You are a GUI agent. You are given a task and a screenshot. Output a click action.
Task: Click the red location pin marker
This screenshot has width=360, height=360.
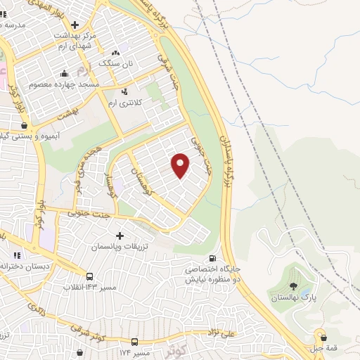(x=181, y=165)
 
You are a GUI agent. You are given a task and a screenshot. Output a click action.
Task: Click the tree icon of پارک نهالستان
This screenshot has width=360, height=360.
(x=293, y=287)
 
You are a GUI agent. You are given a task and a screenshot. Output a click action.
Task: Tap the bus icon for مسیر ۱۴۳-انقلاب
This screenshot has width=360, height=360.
(x=90, y=276)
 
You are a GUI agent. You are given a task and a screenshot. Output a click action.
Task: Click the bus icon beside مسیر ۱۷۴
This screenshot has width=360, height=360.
(x=134, y=342)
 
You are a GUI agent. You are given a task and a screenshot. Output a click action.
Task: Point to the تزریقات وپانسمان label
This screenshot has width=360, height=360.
(x=119, y=247)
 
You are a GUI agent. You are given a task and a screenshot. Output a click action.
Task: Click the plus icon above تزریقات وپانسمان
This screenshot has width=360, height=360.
(x=120, y=236)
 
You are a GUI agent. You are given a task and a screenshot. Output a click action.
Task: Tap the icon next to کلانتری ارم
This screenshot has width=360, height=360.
(x=124, y=91)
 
